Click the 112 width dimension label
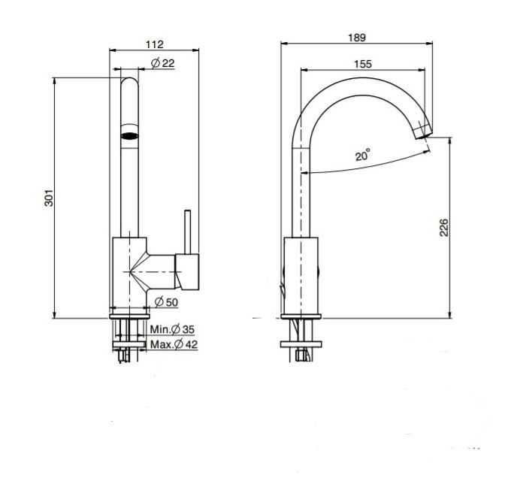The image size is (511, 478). [155, 44]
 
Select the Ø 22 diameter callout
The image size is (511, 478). [163, 63]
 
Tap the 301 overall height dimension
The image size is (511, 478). [49, 198]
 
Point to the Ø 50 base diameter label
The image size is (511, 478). [166, 302]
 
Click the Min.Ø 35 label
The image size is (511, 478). [172, 329]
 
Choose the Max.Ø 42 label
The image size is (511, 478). [174, 344]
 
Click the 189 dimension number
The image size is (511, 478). [357, 38]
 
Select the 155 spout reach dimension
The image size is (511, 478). [363, 64]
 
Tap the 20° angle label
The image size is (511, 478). [362, 155]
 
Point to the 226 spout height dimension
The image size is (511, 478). [444, 228]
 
